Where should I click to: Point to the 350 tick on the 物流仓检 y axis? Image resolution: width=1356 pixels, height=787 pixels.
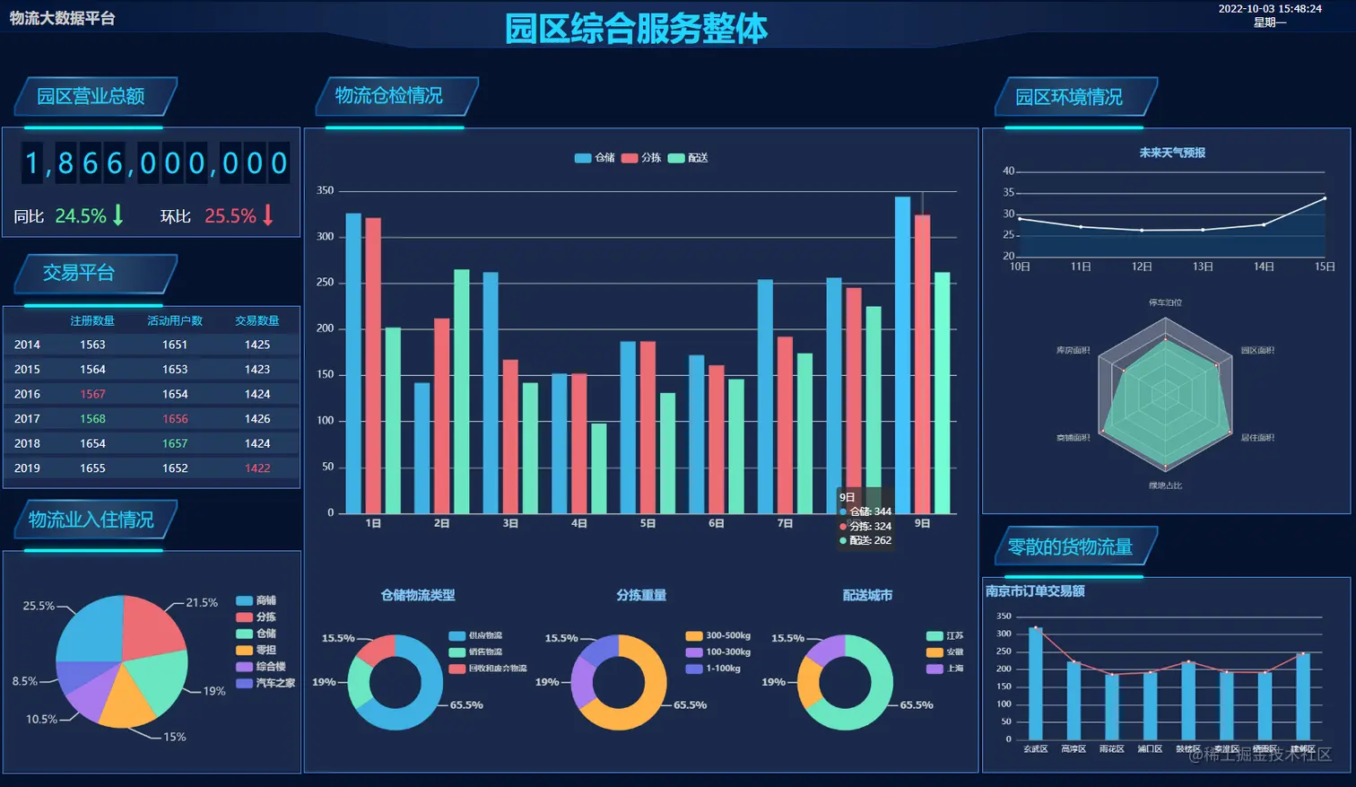pos(325,191)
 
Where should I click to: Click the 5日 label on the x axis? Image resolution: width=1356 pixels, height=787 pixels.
pos(648,523)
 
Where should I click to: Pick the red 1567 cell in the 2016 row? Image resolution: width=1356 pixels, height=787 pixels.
pos(92,394)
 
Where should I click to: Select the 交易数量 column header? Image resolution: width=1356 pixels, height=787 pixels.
pos(257,320)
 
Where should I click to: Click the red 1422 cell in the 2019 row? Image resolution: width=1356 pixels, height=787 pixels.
pos(257,468)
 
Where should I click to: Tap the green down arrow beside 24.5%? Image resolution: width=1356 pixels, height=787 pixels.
pos(117,215)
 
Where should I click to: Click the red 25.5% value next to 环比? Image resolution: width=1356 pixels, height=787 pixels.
pos(230,216)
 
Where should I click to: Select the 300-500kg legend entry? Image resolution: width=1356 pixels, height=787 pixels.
pos(718,636)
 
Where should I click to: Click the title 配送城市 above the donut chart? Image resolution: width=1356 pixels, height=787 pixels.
pos(867,595)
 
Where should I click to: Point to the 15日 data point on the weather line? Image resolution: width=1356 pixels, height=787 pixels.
pos(1325,198)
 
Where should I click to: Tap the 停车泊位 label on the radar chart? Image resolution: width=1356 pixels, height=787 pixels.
pos(1165,302)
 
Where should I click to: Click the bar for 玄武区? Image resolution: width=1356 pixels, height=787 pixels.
pos(1036,683)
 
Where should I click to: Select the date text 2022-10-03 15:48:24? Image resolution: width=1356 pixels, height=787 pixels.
pos(1269,9)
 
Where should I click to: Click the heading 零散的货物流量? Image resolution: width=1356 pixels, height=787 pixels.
pos(1070,547)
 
